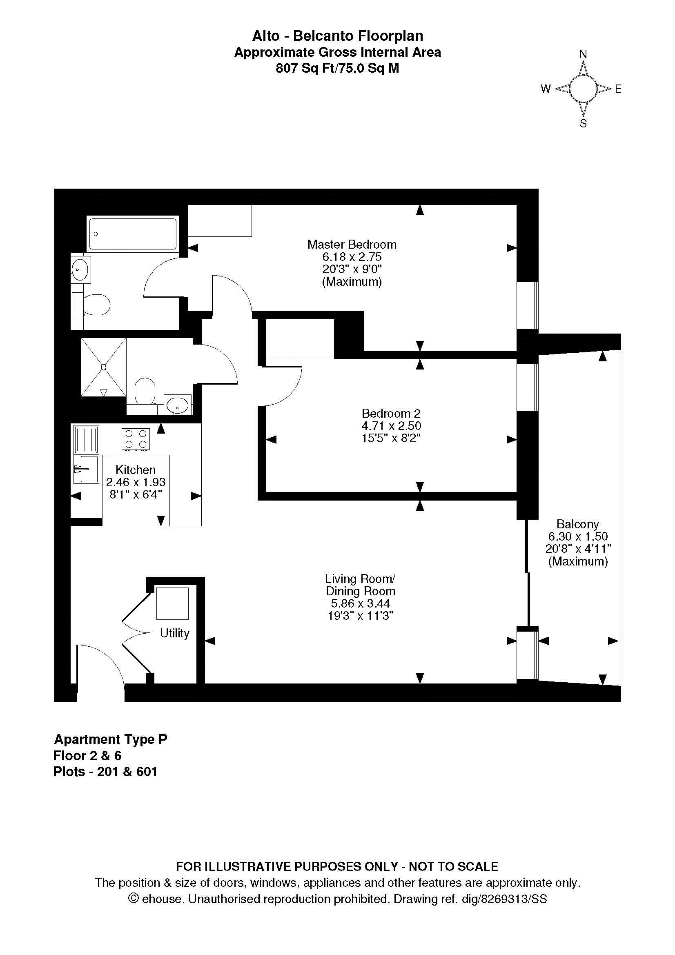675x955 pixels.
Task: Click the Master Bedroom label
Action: (352, 244)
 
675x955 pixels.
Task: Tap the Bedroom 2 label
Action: (391, 414)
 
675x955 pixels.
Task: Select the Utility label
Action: (175, 633)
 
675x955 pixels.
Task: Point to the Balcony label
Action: (578, 524)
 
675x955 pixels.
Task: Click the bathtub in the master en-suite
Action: (133, 234)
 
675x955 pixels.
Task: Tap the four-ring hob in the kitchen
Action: (136, 439)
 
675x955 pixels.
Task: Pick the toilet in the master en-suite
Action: (91, 304)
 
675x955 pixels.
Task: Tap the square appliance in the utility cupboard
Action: (172, 603)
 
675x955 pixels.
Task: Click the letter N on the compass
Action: (583, 54)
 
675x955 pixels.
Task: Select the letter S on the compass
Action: (583, 124)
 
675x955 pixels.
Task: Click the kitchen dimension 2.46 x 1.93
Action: (136, 482)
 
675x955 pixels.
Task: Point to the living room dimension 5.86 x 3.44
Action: (360, 603)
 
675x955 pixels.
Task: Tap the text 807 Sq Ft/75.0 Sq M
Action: (337, 68)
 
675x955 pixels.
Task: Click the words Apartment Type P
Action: (111, 739)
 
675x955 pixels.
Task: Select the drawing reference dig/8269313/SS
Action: (504, 899)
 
